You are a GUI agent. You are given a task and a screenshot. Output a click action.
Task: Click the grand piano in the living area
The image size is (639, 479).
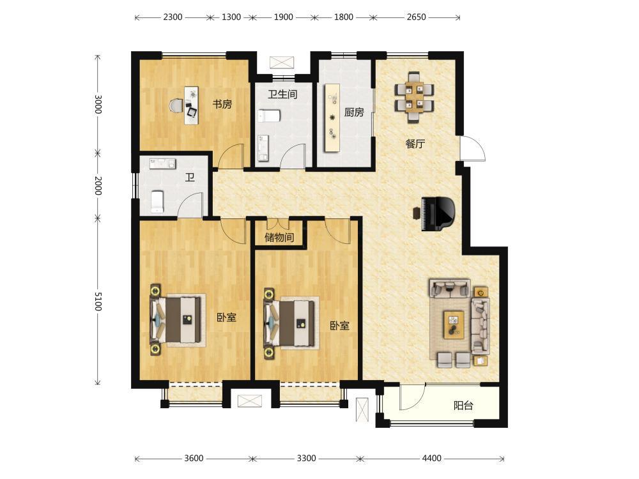pyautogui.click(x=438, y=214)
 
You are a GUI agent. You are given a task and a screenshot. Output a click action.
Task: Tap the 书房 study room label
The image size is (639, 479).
pyautogui.click(x=222, y=104)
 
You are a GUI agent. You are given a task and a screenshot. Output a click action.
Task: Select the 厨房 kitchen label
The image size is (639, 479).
pyautogui.click(x=354, y=112)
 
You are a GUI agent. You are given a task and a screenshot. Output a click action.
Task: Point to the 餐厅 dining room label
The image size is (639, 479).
pyautogui.click(x=415, y=143)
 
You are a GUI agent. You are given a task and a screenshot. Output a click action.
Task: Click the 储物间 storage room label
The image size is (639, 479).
pyautogui.click(x=279, y=237)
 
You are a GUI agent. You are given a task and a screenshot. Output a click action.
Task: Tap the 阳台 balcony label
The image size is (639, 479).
pyautogui.click(x=463, y=406)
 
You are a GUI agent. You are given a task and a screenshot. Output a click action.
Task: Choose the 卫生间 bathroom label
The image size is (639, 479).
pyautogui.click(x=282, y=95)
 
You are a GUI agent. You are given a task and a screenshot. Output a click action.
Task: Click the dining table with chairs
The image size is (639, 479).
pyautogui.click(x=414, y=97)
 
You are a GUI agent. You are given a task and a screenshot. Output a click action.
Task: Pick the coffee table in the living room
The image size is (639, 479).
pyautogui.click(x=454, y=324)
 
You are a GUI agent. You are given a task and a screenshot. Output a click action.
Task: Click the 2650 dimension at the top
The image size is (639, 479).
pyautogui.click(x=416, y=17)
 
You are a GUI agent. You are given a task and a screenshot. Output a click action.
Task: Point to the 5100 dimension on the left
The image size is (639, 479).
pyautogui.click(x=98, y=301)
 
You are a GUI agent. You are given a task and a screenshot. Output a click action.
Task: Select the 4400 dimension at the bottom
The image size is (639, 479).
pyautogui.click(x=431, y=458)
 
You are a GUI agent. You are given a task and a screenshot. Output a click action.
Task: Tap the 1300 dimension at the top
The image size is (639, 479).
pyautogui.click(x=231, y=17)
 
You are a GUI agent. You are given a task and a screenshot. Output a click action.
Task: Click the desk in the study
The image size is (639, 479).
pyautogui.click(x=191, y=105)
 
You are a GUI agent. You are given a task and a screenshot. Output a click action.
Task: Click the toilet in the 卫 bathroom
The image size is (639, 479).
pyautogui.click(x=157, y=202)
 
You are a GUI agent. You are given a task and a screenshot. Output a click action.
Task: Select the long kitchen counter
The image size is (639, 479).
pyautogui.click(x=332, y=118)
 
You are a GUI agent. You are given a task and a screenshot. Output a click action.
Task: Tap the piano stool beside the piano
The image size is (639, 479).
pyautogui.click(x=416, y=213)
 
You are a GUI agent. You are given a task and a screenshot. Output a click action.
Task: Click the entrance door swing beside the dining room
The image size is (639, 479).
pyautogui.click(x=473, y=149)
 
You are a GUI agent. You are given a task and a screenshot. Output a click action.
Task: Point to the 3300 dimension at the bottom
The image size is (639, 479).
pyautogui.click(x=306, y=458)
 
